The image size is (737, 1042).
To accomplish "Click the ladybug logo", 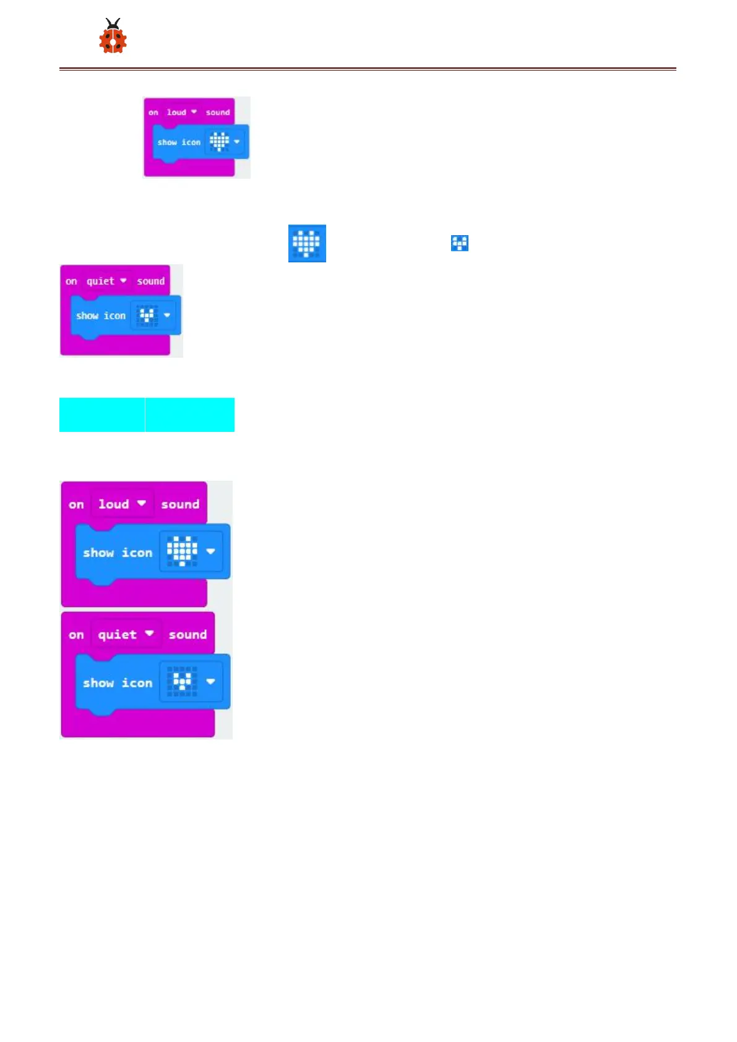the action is click(x=113, y=37).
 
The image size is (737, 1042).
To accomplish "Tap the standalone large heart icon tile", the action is click(x=307, y=243).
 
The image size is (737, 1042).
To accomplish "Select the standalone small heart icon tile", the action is click(x=460, y=243).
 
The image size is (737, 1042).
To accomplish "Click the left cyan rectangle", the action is click(x=102, y=415).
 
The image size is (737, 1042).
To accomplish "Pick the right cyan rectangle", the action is click(x=190, y=415).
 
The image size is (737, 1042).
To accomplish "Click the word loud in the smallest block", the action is click(x=176, y=113).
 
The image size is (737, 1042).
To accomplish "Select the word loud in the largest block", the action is click(x=114, y=504).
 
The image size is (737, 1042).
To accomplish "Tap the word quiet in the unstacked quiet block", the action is click(x=100, y=282).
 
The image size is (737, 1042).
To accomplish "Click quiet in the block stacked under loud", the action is click(x=117, y=635).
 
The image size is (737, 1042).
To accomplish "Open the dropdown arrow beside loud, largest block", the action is click(x=142, y=504).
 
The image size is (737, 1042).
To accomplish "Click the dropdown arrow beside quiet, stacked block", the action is click(x=149, y=634).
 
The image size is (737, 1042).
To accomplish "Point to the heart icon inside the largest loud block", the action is click(x=182, y=551).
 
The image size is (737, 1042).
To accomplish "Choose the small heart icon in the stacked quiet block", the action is click(x=182, y=682).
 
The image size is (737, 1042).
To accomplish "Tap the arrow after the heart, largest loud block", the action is click(x=210, y=551).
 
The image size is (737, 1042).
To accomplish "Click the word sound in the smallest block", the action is click(x=218, y=113).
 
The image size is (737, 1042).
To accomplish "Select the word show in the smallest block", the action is click(x=167, y=142).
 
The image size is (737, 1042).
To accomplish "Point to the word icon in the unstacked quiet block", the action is click(x=114, y=316).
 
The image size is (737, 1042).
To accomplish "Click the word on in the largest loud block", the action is click(x=76, y=505).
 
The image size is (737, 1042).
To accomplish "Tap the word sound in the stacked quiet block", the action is click(x=187, y=635).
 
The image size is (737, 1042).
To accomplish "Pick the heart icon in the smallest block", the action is click(x=219, y=142).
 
